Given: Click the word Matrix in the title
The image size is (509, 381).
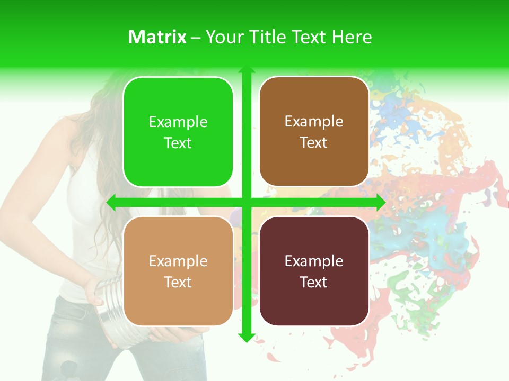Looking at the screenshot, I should point(157,37).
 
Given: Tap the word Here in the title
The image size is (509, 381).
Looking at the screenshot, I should point(352,37).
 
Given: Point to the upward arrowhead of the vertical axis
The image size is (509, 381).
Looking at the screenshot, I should point(246,70).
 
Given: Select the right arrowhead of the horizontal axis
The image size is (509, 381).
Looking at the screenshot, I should point(381,203).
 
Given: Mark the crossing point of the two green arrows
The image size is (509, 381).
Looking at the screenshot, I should point(246,203).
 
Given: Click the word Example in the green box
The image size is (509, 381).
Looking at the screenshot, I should point(178,122).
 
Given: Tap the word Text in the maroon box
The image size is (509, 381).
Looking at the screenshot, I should point(314,282).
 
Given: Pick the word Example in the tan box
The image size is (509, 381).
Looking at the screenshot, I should point(178,261).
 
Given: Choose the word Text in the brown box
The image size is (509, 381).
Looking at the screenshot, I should point(314,142).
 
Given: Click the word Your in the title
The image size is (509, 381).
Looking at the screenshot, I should point(223,37).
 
